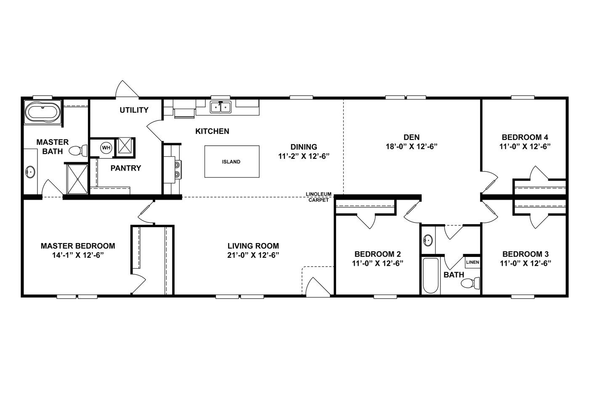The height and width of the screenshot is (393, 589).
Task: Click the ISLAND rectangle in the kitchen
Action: pos(231,161)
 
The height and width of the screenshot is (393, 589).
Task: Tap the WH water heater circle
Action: pos(106,147)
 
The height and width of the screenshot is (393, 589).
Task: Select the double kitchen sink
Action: pos(220,107)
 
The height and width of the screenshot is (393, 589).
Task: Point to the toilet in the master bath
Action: pos(77,150)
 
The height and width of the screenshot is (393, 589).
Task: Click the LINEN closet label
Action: pos(472,262)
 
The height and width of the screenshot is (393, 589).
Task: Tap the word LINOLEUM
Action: pos(319,194)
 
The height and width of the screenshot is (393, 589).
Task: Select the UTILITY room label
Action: pos(134,110)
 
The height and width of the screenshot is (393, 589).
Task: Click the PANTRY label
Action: pos(126,168)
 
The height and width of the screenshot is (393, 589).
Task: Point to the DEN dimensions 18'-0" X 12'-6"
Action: pos(411,147)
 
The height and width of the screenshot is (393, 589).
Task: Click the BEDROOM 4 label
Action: pos(525,137)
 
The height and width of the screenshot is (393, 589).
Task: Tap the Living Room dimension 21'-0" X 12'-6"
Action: pos(253,255)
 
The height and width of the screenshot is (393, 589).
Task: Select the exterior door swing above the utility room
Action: pos(126,89)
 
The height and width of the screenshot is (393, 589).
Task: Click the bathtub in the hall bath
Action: pos(430,275)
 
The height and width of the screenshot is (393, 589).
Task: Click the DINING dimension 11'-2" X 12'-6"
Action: pos(303,156)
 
